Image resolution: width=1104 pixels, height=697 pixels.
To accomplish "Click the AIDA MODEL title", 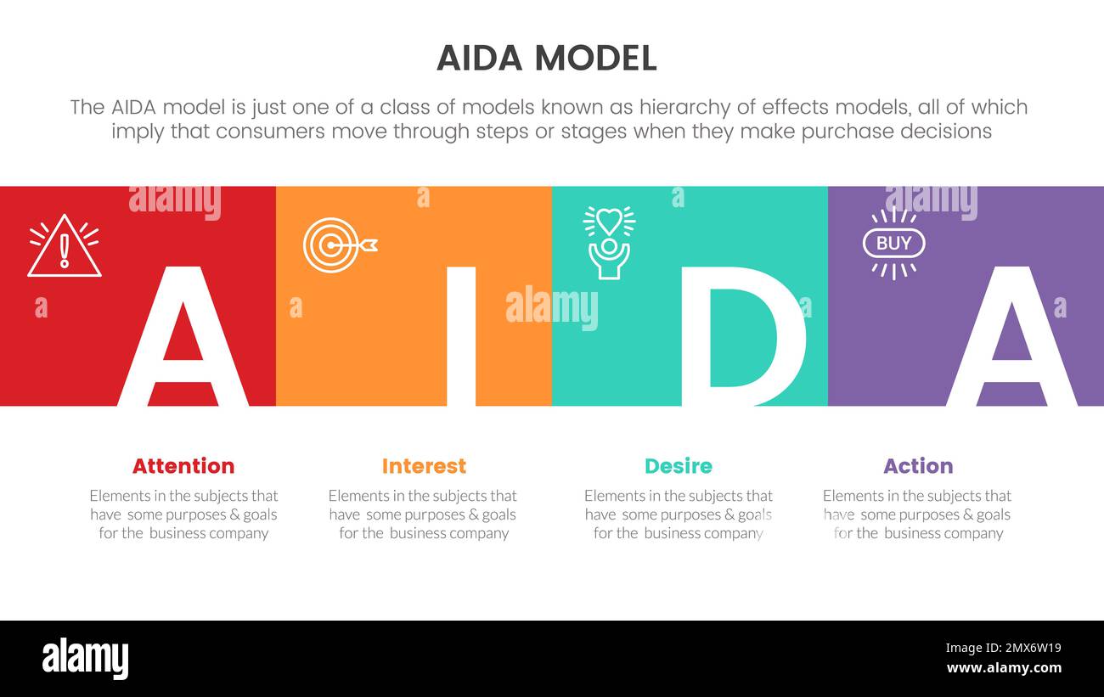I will (x=546, y=58).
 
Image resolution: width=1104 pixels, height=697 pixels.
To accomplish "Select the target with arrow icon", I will (x=339, y=245).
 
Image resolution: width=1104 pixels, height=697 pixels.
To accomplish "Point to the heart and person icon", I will (x=609, y=243).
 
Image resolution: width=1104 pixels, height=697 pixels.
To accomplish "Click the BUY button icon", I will (x=893, y=244).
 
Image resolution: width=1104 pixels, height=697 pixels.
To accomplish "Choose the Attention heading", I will (x=183, y=466).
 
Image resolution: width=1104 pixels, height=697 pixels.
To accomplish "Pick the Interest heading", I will (x=424, y=466).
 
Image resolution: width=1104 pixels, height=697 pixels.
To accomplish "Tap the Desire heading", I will (x=678, y=466).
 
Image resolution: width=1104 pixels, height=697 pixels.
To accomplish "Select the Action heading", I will (x=918, y=466).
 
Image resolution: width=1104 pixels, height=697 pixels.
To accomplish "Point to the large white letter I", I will (x=461, y=335).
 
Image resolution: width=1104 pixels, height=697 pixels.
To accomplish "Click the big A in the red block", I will (x=183, y=340).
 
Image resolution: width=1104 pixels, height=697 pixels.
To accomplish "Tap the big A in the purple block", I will (x=1011, y=340).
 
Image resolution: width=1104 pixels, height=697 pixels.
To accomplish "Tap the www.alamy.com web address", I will (x=1003, y=668).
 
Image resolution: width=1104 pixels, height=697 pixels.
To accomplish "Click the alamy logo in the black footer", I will (x=86, y=659).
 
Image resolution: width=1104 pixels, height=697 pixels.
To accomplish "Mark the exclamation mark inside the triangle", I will (x=64, y=250).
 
